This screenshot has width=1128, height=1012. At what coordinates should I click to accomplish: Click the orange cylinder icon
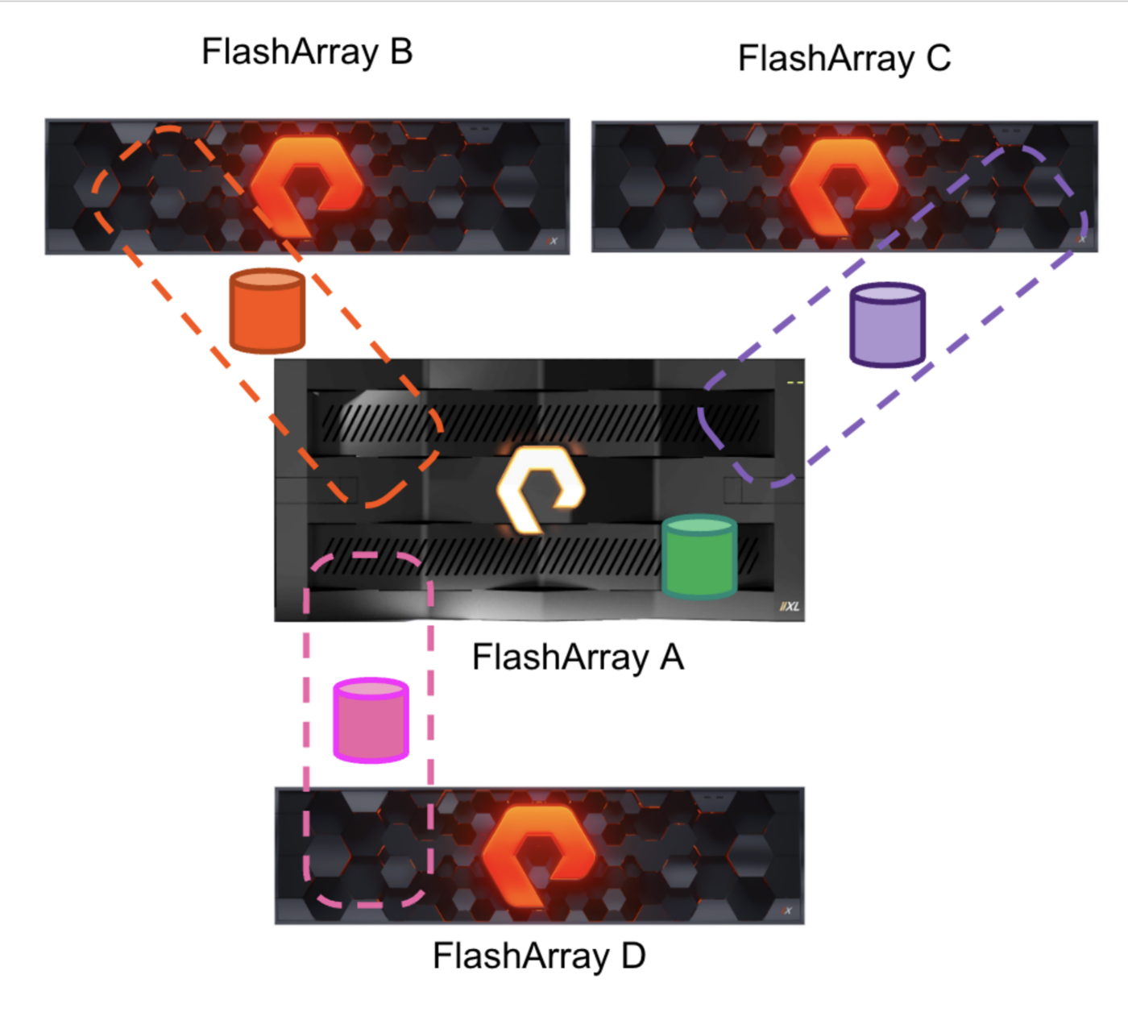[267, 311]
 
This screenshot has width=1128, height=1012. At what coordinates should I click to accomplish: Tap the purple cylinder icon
[887, 326]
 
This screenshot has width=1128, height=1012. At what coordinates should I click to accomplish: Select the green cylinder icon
[699, 557]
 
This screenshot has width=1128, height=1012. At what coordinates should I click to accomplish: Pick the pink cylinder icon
[371, 720]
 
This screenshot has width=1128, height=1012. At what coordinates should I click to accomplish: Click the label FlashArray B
[307, 52]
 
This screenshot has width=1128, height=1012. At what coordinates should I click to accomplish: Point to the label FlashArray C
[844, 58]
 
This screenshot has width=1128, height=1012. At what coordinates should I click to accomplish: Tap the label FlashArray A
[578, 657]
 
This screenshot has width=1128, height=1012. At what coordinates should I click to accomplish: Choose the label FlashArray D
[539, 956]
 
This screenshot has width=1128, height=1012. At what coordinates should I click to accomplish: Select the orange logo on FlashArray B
[306, 185]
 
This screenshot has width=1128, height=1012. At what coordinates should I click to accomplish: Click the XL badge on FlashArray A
[790, 607]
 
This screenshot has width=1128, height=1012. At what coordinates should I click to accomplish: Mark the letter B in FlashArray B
[401, 52]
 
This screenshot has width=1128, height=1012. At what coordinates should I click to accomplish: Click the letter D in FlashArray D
[633, 956]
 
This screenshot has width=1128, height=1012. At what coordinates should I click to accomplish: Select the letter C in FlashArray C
[938, 58]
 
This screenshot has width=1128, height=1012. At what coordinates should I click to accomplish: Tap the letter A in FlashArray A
[671, 657]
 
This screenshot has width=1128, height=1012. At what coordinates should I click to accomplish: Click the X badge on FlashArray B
[552, 241]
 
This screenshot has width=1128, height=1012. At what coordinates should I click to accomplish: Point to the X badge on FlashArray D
[786, 911]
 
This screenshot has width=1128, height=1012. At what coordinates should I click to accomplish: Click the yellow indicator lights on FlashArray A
[795, 383]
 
